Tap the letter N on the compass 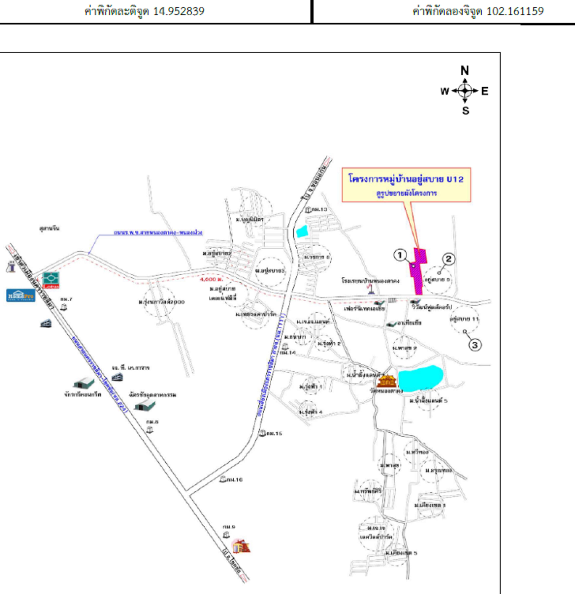[465, 71]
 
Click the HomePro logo [21, 295]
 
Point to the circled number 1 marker [400, 255]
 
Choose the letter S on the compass [465, 111]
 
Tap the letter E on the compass [485, 91]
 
